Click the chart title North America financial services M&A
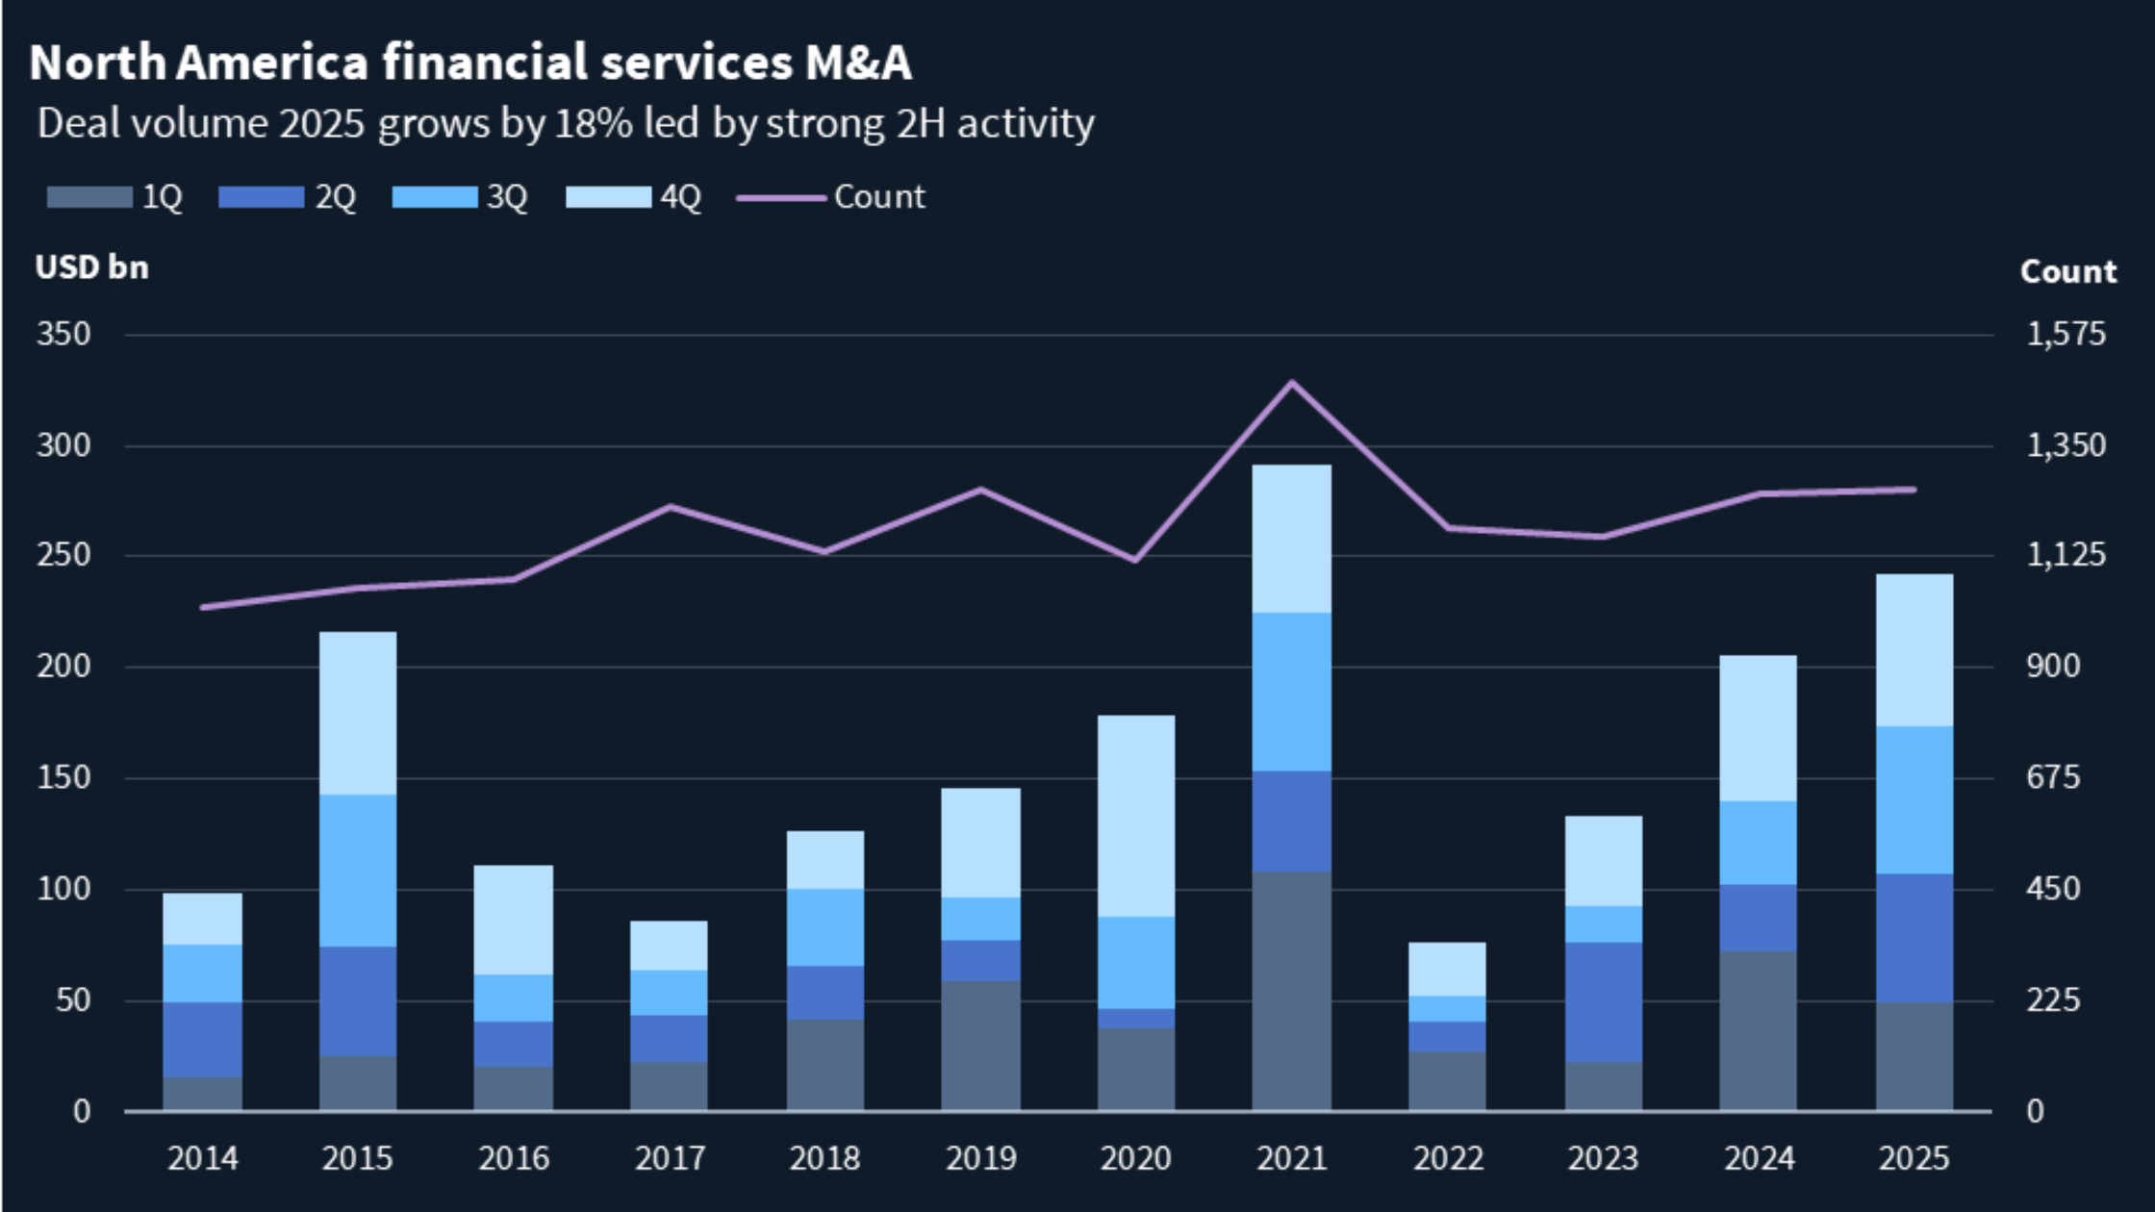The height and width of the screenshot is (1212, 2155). tap(469, 63)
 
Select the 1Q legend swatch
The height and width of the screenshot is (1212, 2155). tap(89, 197)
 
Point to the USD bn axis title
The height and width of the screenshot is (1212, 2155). tap(92, 267)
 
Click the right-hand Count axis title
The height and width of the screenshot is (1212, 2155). tap(2067, 272)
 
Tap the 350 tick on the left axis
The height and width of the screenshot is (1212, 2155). tap(63, 335)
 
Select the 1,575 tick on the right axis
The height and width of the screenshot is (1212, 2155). tap(2066, 335)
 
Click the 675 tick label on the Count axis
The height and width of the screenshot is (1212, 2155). tap(2053, 778)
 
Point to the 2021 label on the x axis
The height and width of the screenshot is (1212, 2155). tap(1291, 1158)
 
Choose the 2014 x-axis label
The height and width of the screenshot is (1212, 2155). tap(202, 1158)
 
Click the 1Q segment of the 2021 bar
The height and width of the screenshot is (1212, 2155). tap(1291, 991)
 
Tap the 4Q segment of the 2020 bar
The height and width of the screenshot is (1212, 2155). tap(1135, 816)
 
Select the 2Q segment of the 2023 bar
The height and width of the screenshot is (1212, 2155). tap(1603, 1002)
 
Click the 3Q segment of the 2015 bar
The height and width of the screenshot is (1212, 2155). tap(358, 871)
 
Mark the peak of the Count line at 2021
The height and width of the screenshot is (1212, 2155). tap(1291, 383)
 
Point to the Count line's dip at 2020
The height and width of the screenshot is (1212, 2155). tap(1135, 560)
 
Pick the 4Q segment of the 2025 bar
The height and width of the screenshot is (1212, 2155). tap(1914, 650)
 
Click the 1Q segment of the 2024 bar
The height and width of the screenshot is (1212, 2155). tap(1758, 1031)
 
